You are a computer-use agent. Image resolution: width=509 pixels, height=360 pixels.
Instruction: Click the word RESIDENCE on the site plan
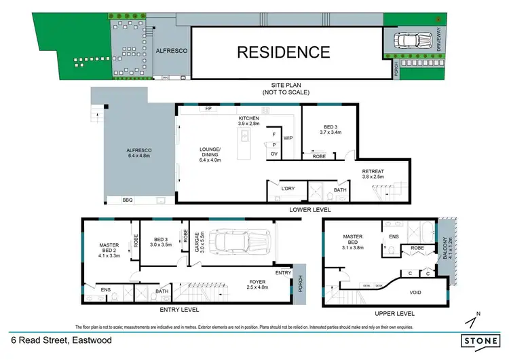tap(283, 52)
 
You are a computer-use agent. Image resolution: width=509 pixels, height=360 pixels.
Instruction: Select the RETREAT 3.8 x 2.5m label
tap(373, 173)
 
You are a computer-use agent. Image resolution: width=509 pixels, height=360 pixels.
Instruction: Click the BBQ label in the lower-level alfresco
tap(127, 200)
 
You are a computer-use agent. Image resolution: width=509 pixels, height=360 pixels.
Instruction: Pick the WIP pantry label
tap(288, 138)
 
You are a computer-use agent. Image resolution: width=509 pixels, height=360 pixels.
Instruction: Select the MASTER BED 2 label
tap(109, 250)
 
